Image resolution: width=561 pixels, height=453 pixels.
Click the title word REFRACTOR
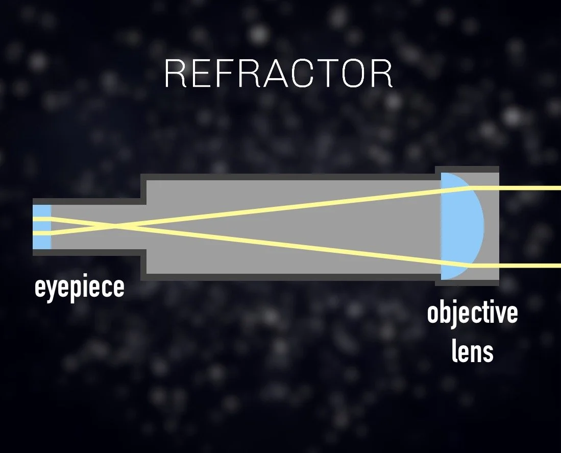click(x=279, y=74)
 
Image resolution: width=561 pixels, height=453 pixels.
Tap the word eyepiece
click(x=79, y=288)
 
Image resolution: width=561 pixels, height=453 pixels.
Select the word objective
click(x=472, y=313)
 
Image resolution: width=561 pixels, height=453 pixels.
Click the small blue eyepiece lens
click(x=42, y=227)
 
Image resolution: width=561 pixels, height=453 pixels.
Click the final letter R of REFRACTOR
click(x=382, y=74)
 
